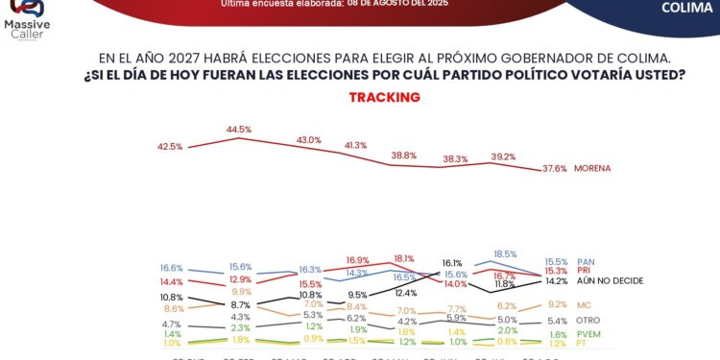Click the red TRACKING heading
(x=384, y=97)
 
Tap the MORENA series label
(x=592, y=168)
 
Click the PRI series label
(x=584, y=271)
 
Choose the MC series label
(x=584, y=304)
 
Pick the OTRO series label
(x=588, y=321)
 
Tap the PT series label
(x=581, y=344)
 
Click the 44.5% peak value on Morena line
(x=239, y=130)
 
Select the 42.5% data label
(x=170, y=146)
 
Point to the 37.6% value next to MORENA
(x=555, y=168)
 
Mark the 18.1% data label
(x=403, y=258)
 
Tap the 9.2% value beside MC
(x=557, y=304)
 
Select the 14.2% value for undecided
(x=557, y=281)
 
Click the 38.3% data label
(x=455, y=159)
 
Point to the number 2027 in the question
(x=252, y=57)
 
